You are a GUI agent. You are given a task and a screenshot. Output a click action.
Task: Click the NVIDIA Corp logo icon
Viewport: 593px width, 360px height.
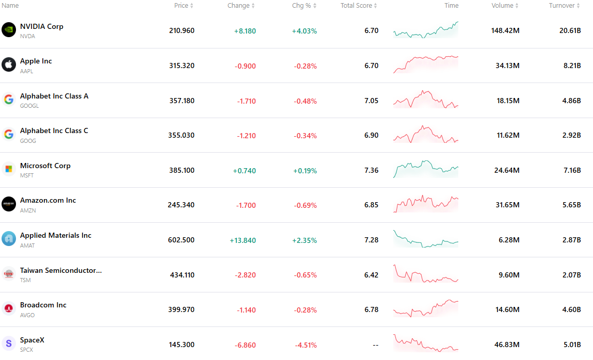point(9,30)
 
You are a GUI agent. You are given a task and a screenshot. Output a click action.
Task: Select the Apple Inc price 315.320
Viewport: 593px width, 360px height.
point(182,66)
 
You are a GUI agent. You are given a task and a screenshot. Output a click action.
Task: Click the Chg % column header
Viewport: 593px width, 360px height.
point(304,6)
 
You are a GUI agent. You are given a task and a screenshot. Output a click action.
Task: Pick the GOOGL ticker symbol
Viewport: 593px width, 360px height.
point(29,106)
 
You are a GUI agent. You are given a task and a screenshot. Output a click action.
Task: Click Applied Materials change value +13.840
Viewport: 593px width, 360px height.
point(243,240)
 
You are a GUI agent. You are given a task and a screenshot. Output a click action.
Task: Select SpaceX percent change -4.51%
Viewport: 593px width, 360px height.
point(306,345)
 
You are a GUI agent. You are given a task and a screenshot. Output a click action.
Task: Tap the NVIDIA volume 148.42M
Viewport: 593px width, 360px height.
point(505,30)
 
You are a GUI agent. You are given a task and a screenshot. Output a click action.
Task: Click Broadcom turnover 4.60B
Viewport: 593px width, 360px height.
point(571,310)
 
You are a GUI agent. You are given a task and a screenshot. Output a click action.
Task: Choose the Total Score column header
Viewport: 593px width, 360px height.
point(359,6)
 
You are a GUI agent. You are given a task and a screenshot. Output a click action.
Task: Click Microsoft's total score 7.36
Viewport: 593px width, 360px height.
point(372,170)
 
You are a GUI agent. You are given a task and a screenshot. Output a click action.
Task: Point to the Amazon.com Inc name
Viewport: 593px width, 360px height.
point(48,200)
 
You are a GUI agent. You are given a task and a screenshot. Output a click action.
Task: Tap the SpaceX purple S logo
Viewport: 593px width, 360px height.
point(9,343)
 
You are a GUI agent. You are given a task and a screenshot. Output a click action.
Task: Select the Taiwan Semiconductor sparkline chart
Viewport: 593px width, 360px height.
point(426,273)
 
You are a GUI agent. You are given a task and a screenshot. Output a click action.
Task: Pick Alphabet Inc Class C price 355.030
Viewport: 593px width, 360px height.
point(182,135)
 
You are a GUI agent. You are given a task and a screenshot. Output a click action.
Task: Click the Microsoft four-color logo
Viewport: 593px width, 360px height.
point(9,169)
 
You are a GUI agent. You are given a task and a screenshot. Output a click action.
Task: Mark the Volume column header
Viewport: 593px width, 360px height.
point(505,6)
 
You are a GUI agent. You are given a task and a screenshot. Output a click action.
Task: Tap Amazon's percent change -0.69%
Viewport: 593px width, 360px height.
point(305,205)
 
